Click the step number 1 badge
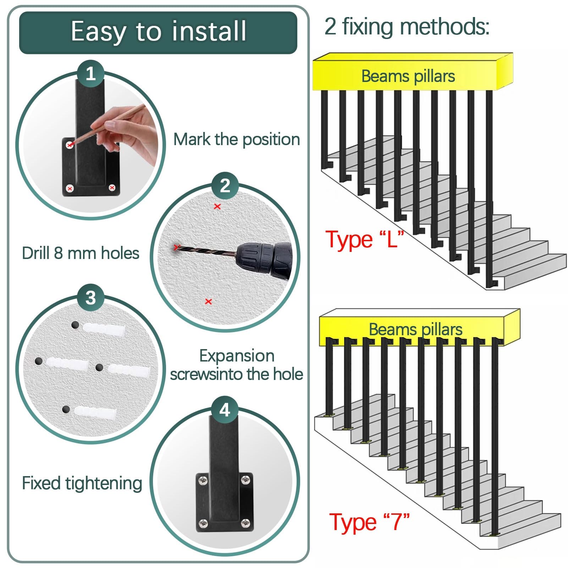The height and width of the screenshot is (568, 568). point(90,74)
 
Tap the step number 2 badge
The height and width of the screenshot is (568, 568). point(225,186)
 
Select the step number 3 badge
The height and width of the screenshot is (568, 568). point(90,298)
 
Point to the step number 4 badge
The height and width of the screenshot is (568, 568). point(225,410)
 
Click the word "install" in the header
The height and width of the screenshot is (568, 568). point(209,31)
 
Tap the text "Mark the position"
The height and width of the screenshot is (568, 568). point(237,139)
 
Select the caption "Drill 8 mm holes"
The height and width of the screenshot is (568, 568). point(81,253)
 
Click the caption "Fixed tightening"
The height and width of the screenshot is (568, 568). point(82,483)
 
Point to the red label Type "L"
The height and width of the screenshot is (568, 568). point(365,239)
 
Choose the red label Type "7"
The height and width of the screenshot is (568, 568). point(369,522)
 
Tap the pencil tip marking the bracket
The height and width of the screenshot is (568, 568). point(71,144)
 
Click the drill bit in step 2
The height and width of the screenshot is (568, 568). point(206,250)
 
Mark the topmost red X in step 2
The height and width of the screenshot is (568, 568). point(217,206)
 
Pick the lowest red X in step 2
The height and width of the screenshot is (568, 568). point(209,302)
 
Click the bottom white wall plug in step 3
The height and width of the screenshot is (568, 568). point(95,413)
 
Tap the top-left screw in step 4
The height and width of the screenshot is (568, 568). point(203,480)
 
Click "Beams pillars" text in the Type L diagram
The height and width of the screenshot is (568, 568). point(408,76)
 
